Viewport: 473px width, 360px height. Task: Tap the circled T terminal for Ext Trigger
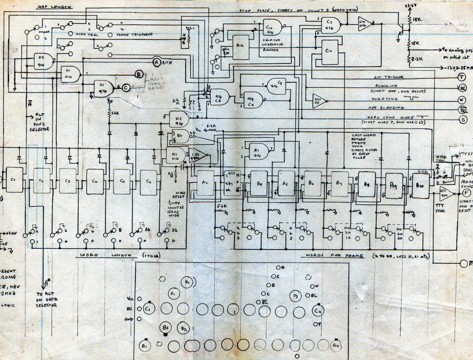(x=462, y=77)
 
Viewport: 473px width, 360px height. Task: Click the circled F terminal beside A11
(x=467, y=193)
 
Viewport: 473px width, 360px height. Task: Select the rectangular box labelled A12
(x=240, y=47)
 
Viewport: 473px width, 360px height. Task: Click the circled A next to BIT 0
(x=156, y=62)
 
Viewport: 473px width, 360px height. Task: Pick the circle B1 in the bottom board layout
(x=166, y=327)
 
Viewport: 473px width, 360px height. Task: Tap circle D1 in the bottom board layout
(x=173, y=294)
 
